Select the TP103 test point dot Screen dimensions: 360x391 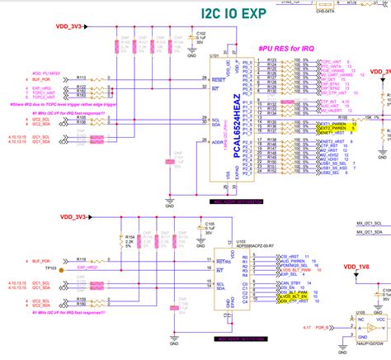click(68, 245)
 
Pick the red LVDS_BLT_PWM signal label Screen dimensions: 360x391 click(294, 246)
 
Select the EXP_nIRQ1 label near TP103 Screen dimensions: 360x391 click(87, 245)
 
